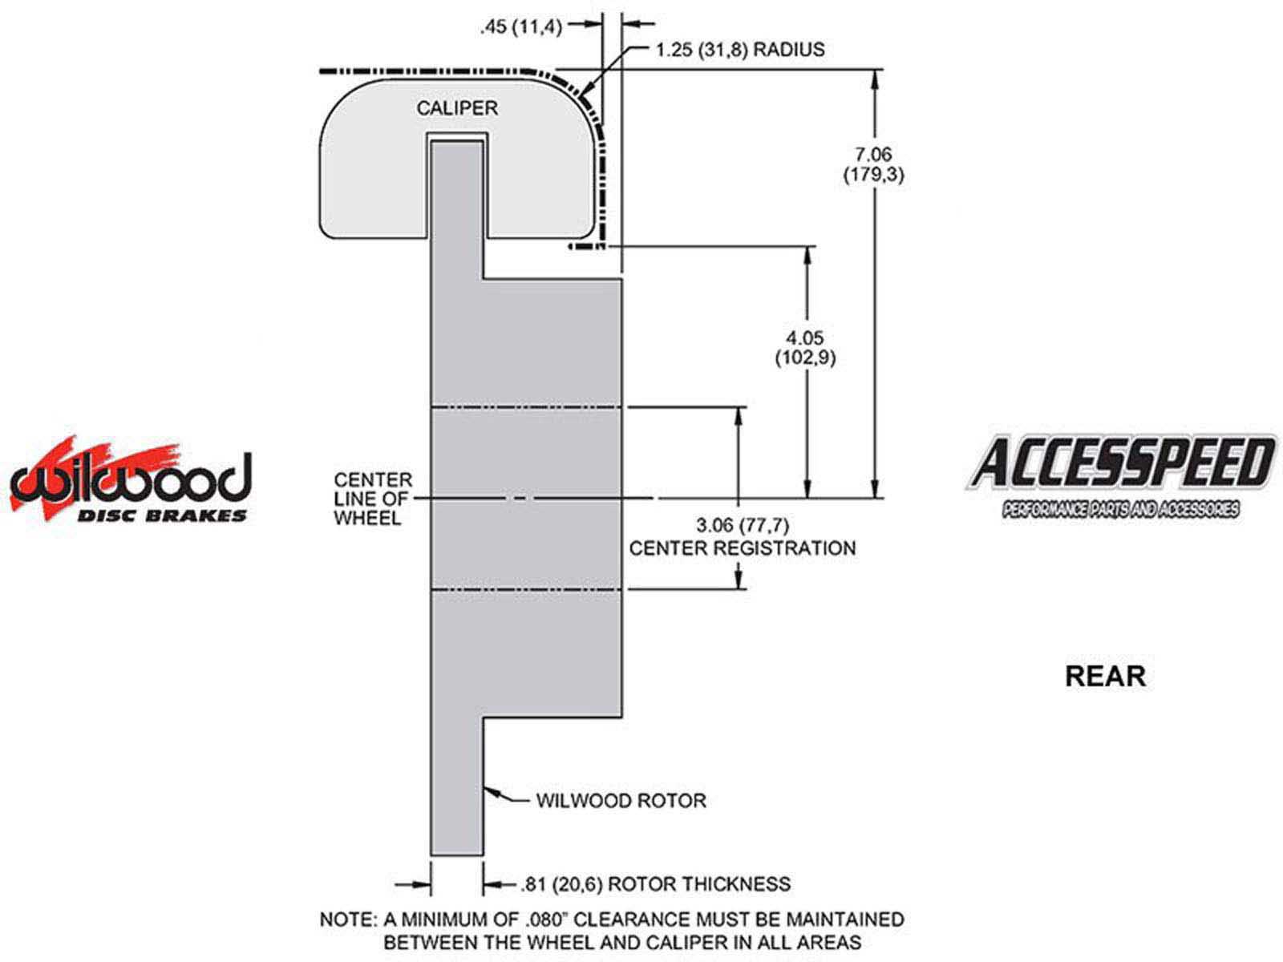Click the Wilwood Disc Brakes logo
coord(130,481)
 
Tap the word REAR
coord(1105,676)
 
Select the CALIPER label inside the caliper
coord(457,107)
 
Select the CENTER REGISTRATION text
coord(742,548)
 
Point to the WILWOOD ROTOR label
coord(621,800)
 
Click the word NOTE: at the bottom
coord(347,920)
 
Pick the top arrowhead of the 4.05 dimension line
coord(808,253)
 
